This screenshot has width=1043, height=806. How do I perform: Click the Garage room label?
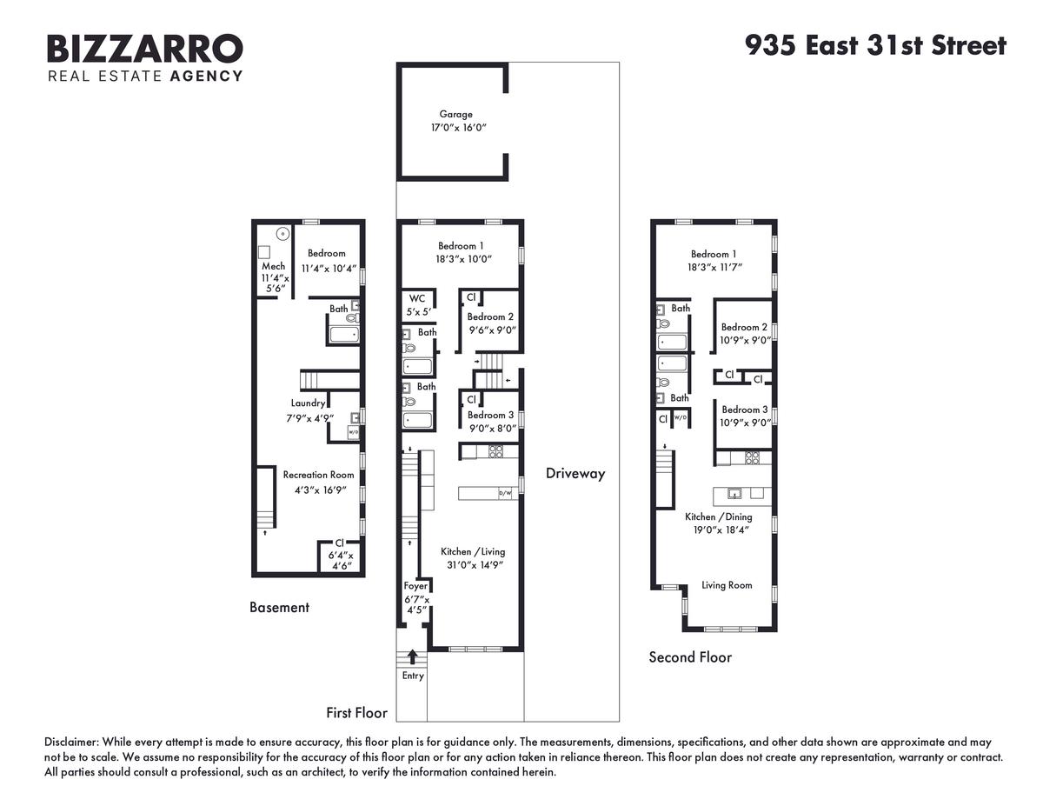[x=455, y=114]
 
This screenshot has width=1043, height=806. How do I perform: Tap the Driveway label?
[x=575, y=474]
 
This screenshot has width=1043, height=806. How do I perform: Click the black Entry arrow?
[x=412, y=656]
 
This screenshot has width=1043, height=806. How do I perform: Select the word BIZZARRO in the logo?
[x=145, y=48]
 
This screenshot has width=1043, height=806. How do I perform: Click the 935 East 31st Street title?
[x=875, y=45]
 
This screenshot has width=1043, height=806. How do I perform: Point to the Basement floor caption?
[x=279, y=607]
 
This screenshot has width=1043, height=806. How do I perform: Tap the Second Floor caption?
[x=690, y=657]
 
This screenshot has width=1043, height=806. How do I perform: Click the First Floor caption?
[x=356, y=713]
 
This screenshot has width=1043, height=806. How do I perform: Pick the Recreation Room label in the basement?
[x=318, y=475]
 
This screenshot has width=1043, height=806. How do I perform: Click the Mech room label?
[x=274, y=266]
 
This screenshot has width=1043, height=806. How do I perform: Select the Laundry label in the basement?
[x=309, y=403]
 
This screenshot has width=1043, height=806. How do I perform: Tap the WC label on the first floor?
[x=417, y=298]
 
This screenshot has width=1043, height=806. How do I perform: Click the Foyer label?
[x=415, y=586]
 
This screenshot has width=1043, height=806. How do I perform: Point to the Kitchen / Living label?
[x=473, y=552]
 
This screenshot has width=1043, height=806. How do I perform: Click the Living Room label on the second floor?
[x=727, y=585]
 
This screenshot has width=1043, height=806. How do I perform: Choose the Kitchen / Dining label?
[x=719, y=517]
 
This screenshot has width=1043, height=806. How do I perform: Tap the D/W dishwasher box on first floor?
[x=505, y=493]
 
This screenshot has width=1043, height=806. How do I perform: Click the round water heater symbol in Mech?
[x=283, y=234]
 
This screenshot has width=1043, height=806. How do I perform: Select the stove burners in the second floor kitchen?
[x=752, y=458]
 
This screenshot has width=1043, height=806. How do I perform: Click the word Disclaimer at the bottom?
[x=71, y=742]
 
